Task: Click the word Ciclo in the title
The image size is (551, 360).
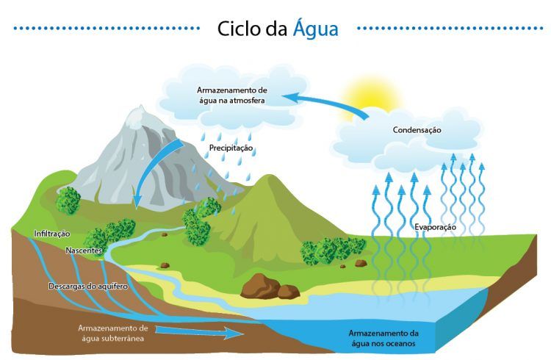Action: (239, 28)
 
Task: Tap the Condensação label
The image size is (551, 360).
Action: (417, 130)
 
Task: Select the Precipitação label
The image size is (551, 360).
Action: (231, 148)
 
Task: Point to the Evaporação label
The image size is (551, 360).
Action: (435, 227)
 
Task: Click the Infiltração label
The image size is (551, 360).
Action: (52, 234)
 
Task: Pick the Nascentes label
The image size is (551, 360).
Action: (84, 251)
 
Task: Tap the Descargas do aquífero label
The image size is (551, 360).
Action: (88, 287)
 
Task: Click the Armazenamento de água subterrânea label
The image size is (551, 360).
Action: (113, 333)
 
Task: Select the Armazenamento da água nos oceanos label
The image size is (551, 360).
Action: (383, 338)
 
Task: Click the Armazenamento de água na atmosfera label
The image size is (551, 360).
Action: (232, 95)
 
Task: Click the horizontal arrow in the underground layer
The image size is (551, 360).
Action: (199, 332)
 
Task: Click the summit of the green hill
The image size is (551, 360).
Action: (267, 177)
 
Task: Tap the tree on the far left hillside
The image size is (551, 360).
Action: (68, 201)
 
